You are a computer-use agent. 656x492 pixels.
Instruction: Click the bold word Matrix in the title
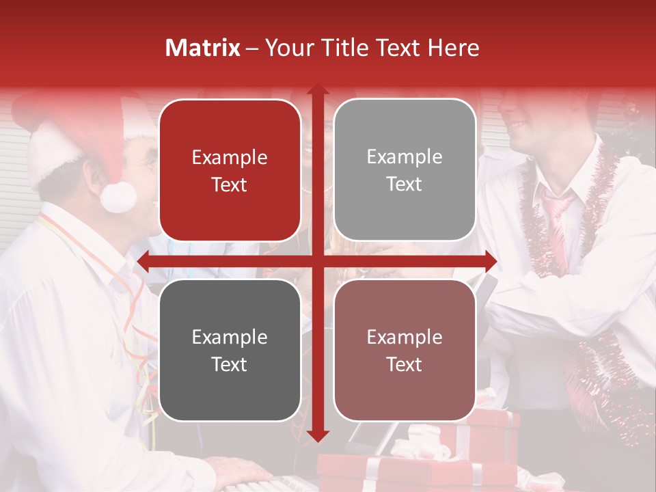pyautogui.click(x=202, y=48)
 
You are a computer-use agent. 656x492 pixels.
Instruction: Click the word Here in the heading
pyautogui.click(x=453, y=48)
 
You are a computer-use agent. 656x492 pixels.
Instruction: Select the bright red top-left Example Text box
pyautogui.click(x=230, y=170)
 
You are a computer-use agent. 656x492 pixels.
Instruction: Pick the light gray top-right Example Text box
pyautogui.click(x=405, y=170)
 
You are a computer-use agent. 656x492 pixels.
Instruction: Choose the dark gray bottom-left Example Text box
pyautogui.click(x=230, y=350)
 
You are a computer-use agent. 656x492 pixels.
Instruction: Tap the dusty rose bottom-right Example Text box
pyautogui.click(x=405, y=350)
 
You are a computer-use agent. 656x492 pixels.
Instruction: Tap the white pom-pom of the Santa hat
pyautogui.click(x=118, y=196)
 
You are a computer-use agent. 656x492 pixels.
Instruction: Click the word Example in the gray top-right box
pyautogui.click(x=405, y=156)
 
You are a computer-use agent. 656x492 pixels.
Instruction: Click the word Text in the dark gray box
pyautogui.click(x=230, y=364)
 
